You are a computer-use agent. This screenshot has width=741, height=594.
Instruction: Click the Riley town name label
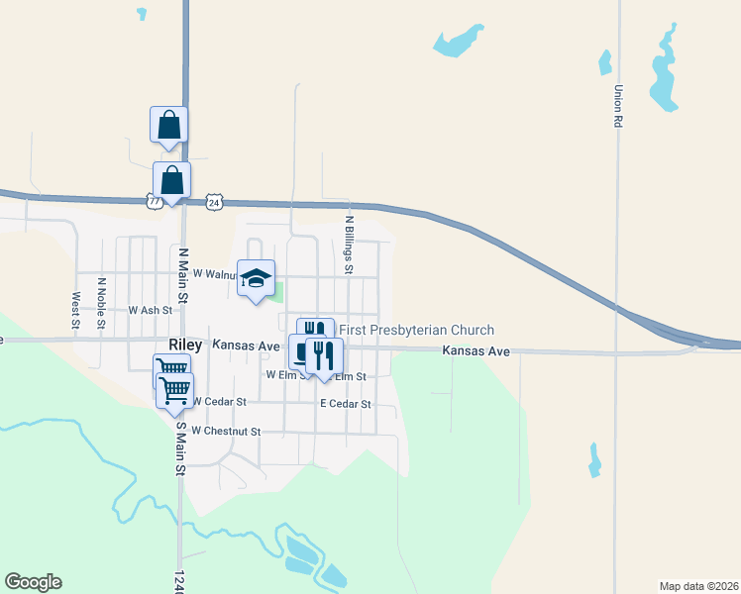click(186, 346)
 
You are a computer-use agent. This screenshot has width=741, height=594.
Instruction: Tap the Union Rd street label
click(617, 107)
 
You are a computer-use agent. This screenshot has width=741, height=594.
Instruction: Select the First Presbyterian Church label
click(416, 330)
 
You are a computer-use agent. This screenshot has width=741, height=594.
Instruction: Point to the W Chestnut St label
click(226, 431)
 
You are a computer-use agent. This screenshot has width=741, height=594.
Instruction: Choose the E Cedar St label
click(345, 404)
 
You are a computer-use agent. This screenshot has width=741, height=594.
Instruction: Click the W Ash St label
click(151, 310)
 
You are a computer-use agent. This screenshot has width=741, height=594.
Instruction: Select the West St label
click(75, 309)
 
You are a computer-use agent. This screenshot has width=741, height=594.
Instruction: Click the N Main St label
click(182, 274)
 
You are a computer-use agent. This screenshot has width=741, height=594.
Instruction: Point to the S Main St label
click(180, 447)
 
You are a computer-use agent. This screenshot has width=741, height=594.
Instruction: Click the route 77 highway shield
click(154, 201)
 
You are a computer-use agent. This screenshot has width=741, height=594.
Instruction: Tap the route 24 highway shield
click(214, 202)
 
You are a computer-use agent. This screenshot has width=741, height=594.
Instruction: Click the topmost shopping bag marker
click(168, 125)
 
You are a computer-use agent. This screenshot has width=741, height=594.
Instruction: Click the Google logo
click(33, 582)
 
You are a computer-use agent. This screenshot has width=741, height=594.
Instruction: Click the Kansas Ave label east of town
click(476, 351)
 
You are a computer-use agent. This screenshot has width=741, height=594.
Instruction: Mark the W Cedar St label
click(218, 401)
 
